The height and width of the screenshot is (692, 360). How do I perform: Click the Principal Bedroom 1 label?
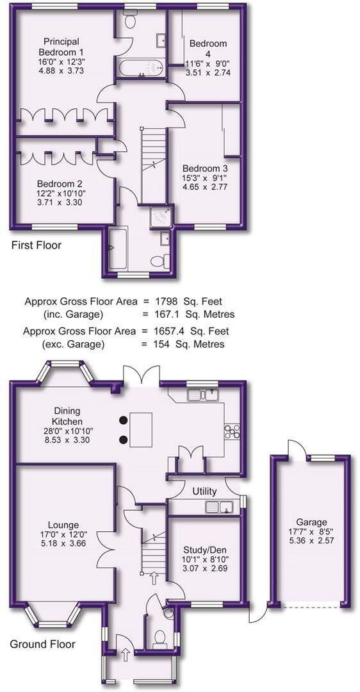tap(61, 45)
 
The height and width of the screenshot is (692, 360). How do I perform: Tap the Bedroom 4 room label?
tap(208, 48)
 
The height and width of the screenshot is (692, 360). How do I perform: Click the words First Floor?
tap(37, 245)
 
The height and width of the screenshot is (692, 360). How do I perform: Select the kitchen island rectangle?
tap(141, 430)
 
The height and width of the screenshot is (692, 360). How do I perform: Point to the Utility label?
tap(204, 491)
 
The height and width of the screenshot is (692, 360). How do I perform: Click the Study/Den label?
tap(204, 550)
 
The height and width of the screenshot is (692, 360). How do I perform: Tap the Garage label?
tap(311, 522)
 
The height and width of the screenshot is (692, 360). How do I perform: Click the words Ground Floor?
tap(42, 644)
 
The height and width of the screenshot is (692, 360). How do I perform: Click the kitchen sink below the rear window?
tap(203, 395)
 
